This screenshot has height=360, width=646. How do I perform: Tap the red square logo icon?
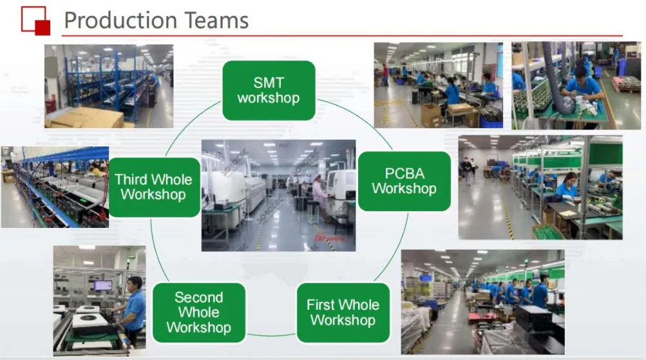(35, 20)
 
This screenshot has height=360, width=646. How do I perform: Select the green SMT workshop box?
(269, 90)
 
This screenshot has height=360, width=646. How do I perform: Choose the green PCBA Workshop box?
(404, 181)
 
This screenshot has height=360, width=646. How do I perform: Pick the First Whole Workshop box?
(343, 312)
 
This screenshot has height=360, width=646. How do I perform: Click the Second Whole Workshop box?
(198, 312)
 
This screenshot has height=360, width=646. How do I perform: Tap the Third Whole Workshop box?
(153, 187)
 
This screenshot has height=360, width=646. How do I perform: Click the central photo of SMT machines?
(278, 195)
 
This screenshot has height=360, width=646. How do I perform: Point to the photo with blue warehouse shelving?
(108, 86)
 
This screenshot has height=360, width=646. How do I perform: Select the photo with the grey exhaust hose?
(567, 86)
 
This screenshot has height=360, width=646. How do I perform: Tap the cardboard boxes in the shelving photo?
(84, 117)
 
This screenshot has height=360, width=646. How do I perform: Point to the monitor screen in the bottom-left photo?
(102, 285)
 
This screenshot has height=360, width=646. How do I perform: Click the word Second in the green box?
(198, 298)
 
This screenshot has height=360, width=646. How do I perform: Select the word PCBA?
(404, 173)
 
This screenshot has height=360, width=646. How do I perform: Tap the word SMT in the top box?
(269, 82)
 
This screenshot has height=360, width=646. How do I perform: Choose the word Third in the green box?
(132, 180)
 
